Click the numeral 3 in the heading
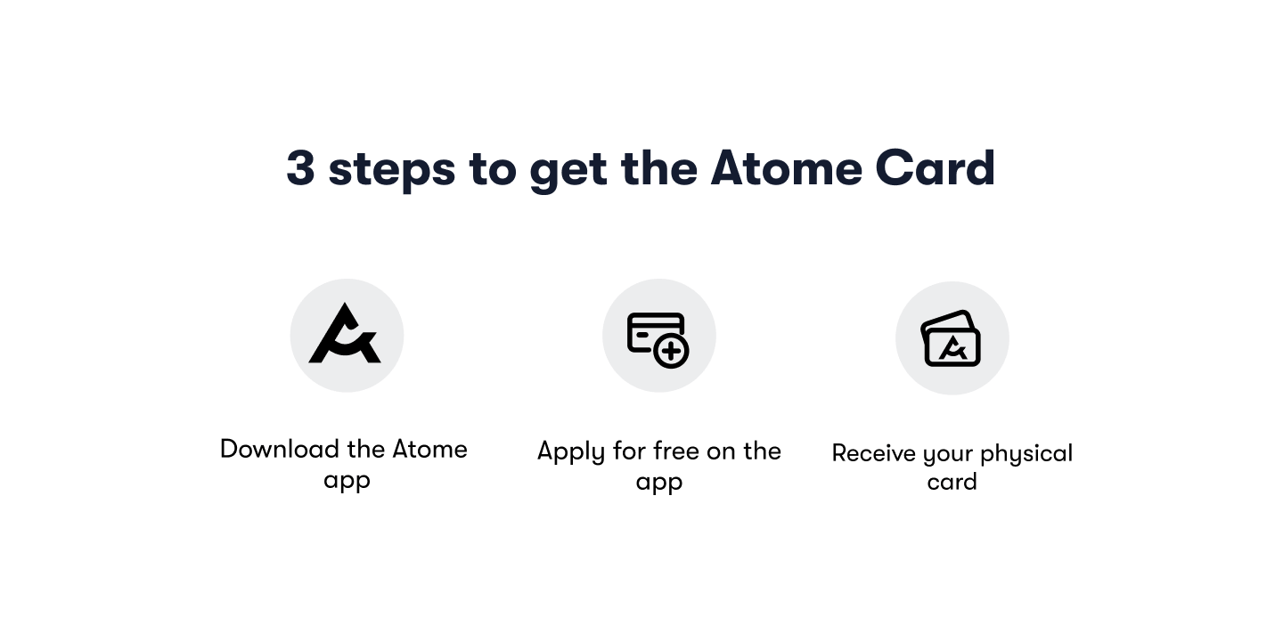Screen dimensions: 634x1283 point(300,168)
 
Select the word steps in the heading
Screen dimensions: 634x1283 point(391,170)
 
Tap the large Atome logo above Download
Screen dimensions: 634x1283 point(346,335)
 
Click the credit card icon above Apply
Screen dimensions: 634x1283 point(657,335)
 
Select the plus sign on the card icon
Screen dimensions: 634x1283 point(671,352)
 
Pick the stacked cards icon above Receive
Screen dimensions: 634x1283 point(951,338)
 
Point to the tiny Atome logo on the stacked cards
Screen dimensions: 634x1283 point(952,348)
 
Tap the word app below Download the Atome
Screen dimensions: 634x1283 point(347,481)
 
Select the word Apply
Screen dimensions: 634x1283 point(571,452)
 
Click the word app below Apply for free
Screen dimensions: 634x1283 point(658,484)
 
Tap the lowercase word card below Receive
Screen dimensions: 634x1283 point(952,482)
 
